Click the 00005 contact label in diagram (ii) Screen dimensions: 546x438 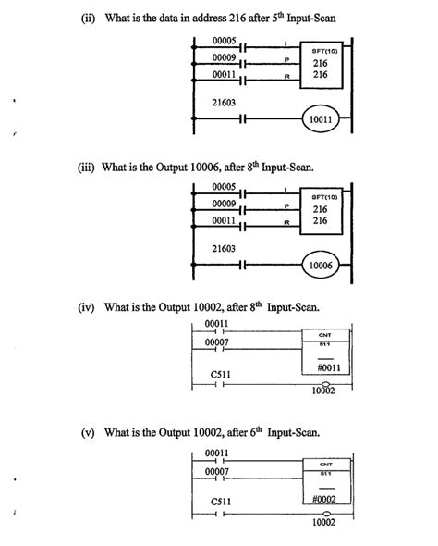tap(225, 42)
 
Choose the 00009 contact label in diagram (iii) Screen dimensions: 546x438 tap(225, 203)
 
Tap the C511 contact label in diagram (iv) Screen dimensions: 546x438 tap(220, 373)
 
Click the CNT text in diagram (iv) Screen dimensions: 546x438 tap(325, 335)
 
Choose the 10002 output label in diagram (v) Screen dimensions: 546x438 tap(322, 522)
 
